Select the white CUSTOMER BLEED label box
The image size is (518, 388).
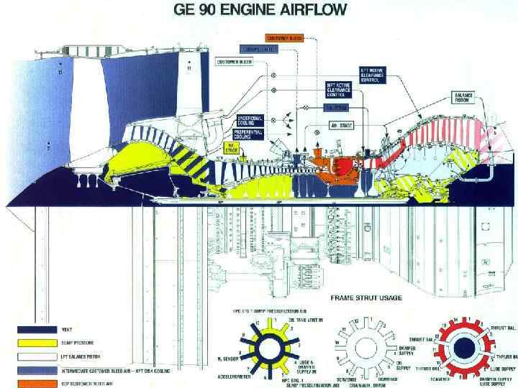point(235,63)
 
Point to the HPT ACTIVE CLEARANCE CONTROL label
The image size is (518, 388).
point(321,89)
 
